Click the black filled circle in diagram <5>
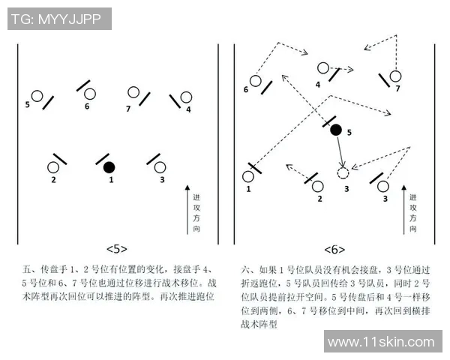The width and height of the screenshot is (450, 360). [109, 166]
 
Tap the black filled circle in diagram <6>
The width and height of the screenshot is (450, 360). [336, 130]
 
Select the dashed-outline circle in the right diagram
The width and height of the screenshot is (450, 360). [343, 173]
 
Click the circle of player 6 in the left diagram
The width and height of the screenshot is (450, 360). [90, 94]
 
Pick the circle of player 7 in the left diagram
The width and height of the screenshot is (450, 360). [133, 93]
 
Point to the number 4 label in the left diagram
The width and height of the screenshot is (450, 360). [188, 109]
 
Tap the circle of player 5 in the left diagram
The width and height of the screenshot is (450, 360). [36, 96]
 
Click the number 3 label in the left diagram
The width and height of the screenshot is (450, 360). [162, 180]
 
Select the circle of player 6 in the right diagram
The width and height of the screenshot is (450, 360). [255, 80]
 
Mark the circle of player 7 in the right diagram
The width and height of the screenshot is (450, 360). [395, 76]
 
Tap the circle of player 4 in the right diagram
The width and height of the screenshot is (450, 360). [323, 68]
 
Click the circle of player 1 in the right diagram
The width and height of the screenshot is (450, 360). [248, 177]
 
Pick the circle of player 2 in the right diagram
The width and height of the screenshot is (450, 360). [318, 185]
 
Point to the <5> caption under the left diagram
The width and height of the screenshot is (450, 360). [117, 249]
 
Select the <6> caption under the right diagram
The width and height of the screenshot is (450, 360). [334, 249]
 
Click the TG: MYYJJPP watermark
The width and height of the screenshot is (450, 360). [60, 19]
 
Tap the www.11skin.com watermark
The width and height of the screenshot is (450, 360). [381, 342]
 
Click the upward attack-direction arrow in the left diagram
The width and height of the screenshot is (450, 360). [187, 210]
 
